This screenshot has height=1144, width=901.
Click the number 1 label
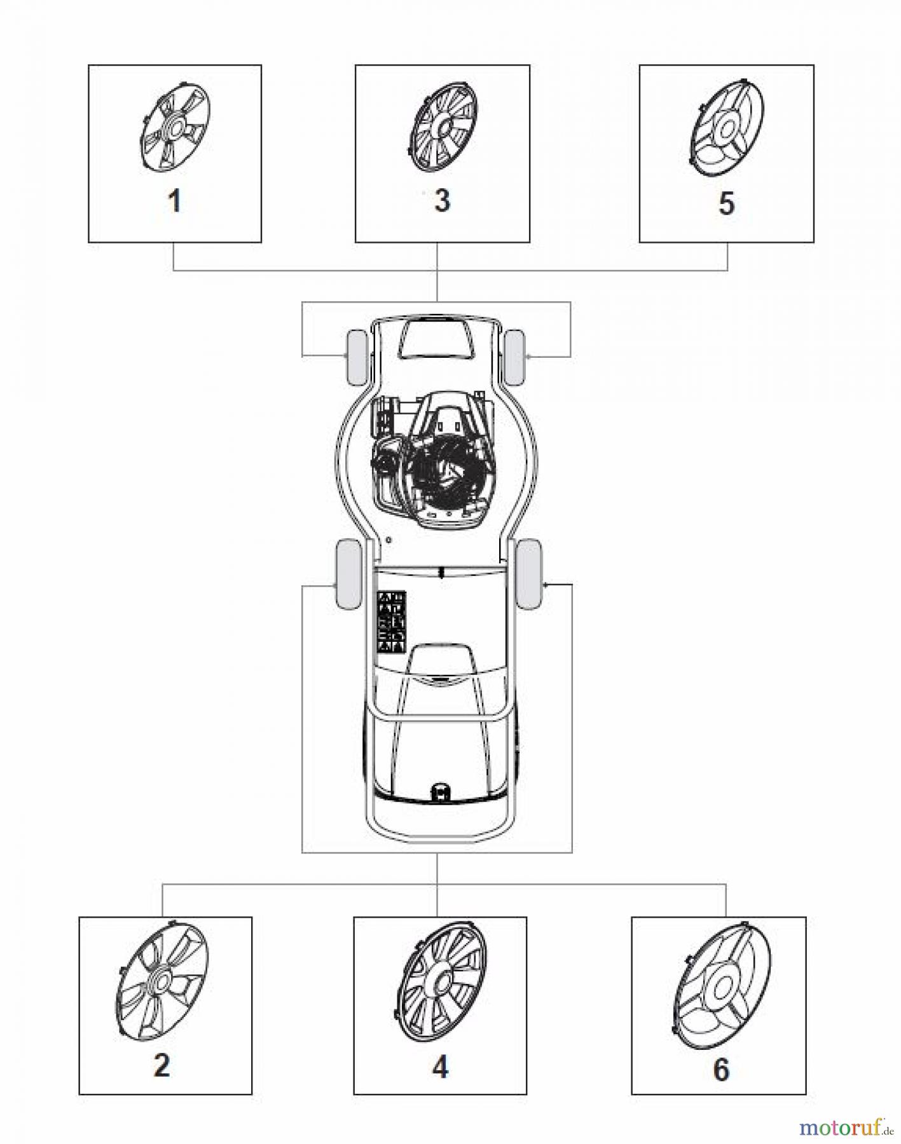[174, 201]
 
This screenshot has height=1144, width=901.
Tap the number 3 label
[442, 200]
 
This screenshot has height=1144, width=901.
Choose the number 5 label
[726, 203]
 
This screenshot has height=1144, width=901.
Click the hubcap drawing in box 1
[174, 127]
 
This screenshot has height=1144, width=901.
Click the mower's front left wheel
[355, 357]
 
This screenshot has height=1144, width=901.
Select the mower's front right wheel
[514, 357]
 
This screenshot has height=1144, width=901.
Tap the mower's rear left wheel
[347, 575]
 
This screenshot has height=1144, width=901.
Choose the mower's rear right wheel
[529, 575]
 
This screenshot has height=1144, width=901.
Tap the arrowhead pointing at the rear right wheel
[547, 584]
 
